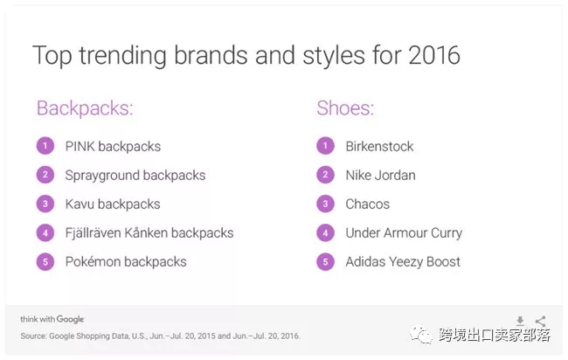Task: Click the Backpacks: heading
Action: point(85,108)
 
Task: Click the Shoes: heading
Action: point(345,108)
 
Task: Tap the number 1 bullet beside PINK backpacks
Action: point(45,146)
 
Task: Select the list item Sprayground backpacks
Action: point(135,176)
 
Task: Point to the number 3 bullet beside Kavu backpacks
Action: point(45,204)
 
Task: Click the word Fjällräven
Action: point(93,233)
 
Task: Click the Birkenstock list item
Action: point(379,146)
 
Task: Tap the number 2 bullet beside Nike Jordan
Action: point(325,175)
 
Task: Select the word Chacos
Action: point(367,204)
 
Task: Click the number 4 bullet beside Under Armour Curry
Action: point(325,233)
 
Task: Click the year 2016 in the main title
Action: point(434,55)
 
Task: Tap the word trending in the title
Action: point(123,56)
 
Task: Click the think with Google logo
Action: point(52,319)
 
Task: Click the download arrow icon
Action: point(520,321)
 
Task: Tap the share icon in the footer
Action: point(540,321)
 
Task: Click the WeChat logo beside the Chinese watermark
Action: point(421,334)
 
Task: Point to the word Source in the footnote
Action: point(34,336)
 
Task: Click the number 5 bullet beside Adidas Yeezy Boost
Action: point(325,261)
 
